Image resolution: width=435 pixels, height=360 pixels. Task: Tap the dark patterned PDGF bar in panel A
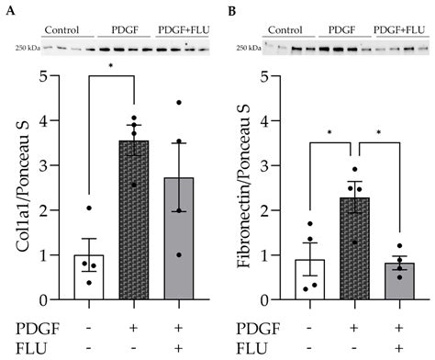coord(134,220)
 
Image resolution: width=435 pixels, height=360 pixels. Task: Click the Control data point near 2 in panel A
coord(89,208)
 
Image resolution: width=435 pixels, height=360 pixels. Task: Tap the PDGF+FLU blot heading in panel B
coord(400,29)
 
